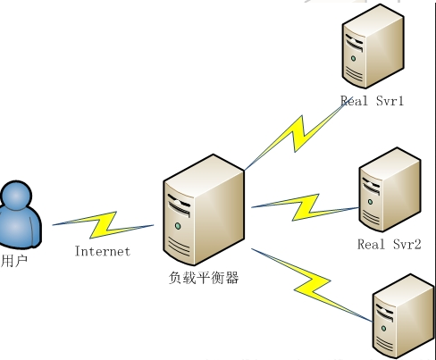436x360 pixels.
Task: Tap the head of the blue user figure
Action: pyautogui.click(x=19, y=196)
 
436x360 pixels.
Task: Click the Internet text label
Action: pyautogui.click(x=102, y=251)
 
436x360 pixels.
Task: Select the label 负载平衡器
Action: pyautogui.click(x=204, y=278)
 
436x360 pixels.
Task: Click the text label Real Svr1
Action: pyautogui.click(x=372, y=101)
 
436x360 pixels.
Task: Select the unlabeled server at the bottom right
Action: pyautogui.click(x=401, y=317)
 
